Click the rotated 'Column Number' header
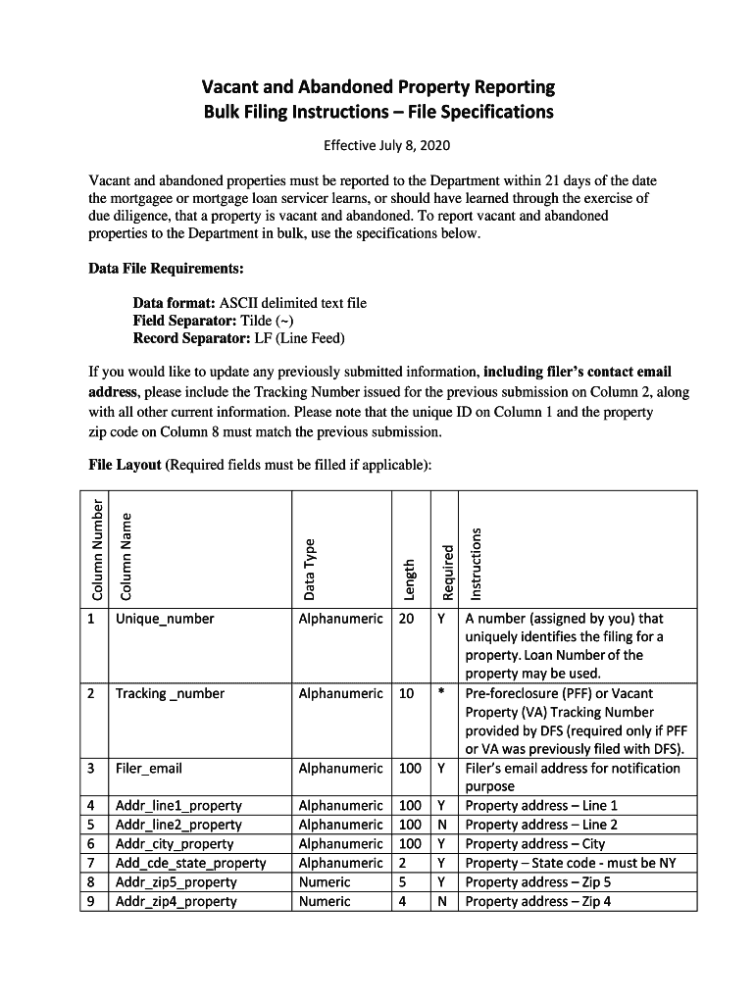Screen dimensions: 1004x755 [x=97, y=549]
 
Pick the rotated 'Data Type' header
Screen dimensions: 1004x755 [x=310, y=570]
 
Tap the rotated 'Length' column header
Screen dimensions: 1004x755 [x=411, y=578]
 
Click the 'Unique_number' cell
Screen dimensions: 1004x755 [x=164, y=619]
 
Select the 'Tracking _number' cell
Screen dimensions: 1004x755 [x=170, y=693]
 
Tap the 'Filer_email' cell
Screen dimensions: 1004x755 [x=148, y=768]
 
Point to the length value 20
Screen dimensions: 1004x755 [x=405, y=619]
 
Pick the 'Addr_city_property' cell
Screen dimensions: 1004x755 [x=175, y=843]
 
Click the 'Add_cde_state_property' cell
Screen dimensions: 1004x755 [x=190, y=863]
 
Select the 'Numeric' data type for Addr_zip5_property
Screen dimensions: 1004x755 [x=324, y=881]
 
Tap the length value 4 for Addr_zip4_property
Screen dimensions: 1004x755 [x=404, y=900]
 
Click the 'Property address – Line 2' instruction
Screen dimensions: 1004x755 [x=541, y=825]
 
